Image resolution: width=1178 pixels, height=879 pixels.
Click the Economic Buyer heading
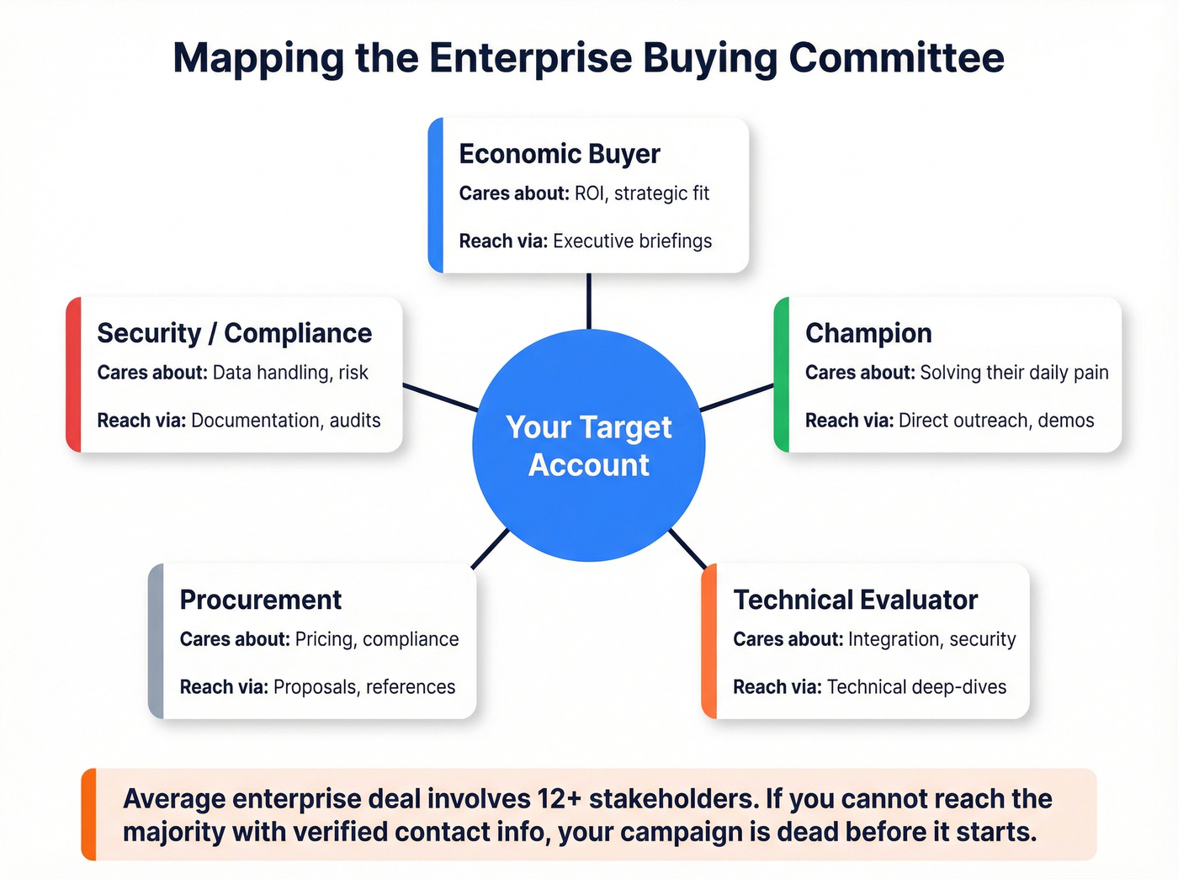[560, 154]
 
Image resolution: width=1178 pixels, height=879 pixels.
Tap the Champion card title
[868, 333]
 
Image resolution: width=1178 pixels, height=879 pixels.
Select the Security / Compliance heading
[234, 333]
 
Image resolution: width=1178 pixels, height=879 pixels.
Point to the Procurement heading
[260, 600]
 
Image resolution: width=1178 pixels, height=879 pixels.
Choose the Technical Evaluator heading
[855, 600]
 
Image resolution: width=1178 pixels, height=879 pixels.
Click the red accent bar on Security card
[73, 374]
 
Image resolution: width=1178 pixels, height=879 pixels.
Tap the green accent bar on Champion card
[781, 374]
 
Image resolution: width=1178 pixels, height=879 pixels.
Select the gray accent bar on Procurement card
[156, 641]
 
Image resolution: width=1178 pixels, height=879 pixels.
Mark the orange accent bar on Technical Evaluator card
[708, 641]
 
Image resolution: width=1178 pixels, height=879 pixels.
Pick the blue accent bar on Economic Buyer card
[435, 195]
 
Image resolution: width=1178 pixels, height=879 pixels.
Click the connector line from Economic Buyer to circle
[588, 301]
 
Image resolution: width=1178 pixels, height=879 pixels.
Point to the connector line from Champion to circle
[736, 398]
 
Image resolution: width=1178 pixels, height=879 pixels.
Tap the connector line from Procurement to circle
[491, 548]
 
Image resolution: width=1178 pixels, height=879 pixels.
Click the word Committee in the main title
[896, 58]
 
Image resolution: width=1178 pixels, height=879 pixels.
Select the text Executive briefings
[632, 241]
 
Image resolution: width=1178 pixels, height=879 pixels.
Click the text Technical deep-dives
[916, 687]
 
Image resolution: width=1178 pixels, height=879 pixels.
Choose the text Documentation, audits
[285, 421]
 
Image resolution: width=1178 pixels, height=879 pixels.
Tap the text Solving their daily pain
[1014, 373]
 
